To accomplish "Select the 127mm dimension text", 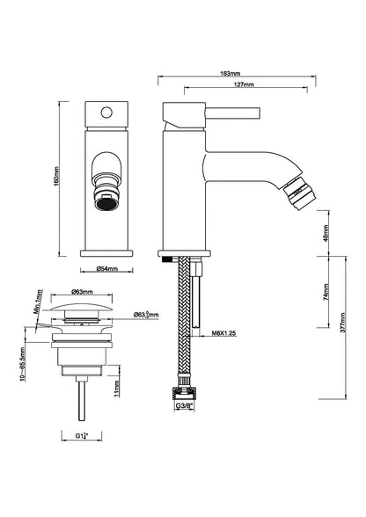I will (234, 87).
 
